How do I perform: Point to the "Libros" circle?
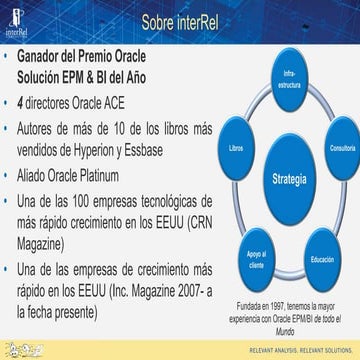click(235, 148)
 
